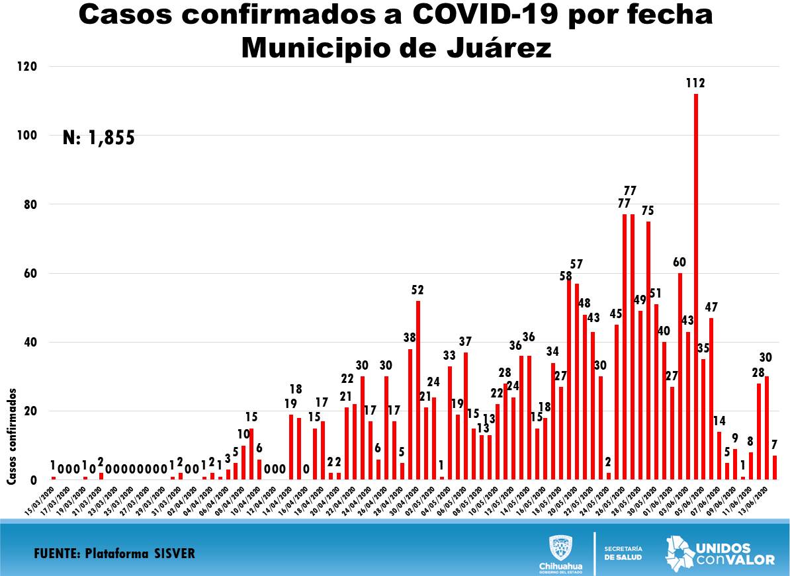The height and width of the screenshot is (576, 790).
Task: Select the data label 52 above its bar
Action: pos(417,290)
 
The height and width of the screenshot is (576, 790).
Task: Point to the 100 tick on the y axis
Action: pos(27,136)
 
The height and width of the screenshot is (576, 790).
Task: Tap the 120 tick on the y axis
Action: pos(27,67)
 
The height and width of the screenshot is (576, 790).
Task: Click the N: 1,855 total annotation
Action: pos(99,138)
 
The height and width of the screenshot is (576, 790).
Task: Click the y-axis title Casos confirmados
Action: pos(12,436)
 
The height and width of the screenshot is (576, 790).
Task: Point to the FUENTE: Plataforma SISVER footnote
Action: pos(114,553)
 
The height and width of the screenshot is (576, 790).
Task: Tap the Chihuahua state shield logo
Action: pos(561,548)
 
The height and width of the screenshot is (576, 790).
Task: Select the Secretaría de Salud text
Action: pos(623,553)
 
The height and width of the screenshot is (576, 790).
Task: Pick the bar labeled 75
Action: pos(648,350)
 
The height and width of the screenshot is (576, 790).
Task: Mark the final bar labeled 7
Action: pos(775,468)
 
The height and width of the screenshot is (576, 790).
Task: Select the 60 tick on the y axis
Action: pos(29,273)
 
